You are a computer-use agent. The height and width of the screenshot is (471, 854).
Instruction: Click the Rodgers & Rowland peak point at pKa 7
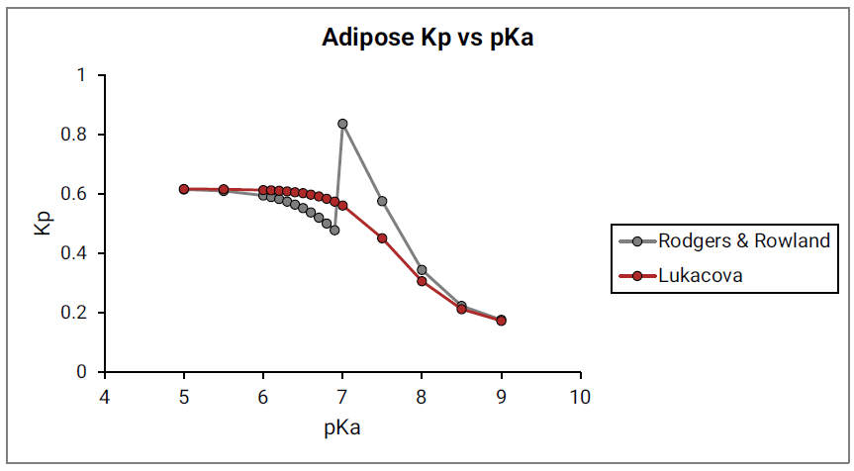tap(342, 124)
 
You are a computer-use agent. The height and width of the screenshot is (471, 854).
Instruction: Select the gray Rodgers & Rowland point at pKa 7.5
tap(382, 201)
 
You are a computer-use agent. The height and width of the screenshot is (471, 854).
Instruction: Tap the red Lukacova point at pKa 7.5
tap(382, 238)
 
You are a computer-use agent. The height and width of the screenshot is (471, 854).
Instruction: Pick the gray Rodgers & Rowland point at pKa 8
tap(422, 269)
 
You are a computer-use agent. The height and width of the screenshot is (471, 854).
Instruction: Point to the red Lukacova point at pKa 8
tap(422, 281)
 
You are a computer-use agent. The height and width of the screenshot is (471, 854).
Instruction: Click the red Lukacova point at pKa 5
tap(184, 189)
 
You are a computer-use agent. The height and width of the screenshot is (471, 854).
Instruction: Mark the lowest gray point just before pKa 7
tap(334, 230)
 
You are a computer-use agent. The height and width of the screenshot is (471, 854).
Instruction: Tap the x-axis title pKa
tap(342, 429)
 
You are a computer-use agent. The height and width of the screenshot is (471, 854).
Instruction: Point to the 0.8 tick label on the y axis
tap(77, 135)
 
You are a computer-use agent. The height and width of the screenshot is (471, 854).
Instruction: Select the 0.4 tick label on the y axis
tap(77, 253)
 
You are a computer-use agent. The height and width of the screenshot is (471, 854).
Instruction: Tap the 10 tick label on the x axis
tap(580, 398)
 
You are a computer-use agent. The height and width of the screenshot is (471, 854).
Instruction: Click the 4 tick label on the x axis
tap(105, 398)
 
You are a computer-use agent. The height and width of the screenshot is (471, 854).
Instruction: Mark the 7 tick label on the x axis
tap(342, 398)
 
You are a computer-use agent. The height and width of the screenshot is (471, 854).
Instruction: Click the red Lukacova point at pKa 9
tap(501, 321)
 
